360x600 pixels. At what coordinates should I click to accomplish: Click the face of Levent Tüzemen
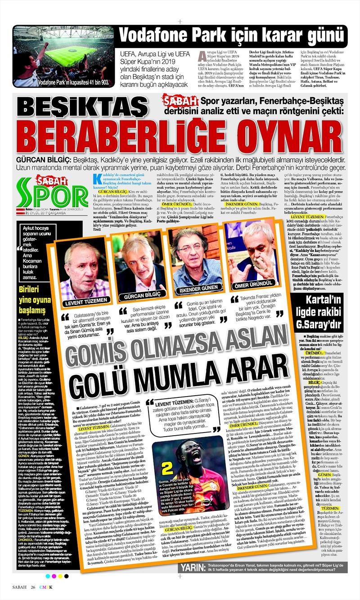pos(83,268)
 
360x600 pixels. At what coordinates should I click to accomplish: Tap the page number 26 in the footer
pos(34,588)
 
